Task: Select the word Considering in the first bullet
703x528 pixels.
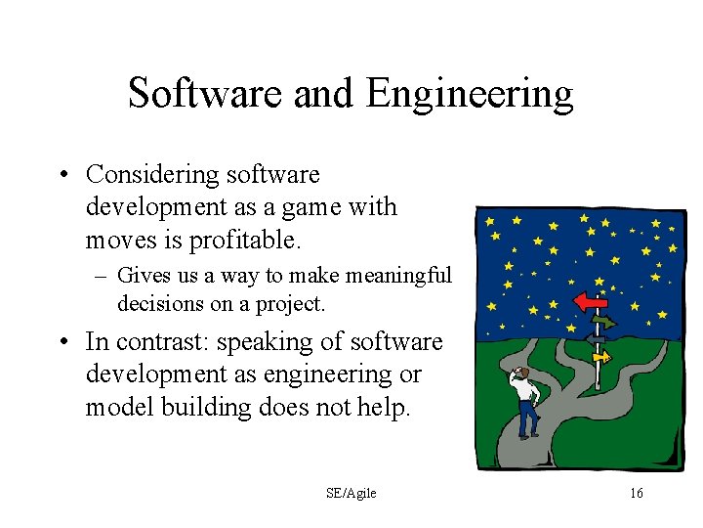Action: point(152,174)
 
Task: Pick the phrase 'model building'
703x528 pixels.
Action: point(167,407)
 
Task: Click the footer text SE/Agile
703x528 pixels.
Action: point(351,494)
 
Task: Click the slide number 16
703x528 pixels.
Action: point(636,494)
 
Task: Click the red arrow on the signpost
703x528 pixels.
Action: point(591,302)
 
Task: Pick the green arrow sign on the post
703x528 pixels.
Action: point(603,321)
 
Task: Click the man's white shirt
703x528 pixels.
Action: point(528,390)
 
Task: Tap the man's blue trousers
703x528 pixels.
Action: point(528,419)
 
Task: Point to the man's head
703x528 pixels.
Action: point(522,373)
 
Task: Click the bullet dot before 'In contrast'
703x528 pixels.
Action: point(63,342)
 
